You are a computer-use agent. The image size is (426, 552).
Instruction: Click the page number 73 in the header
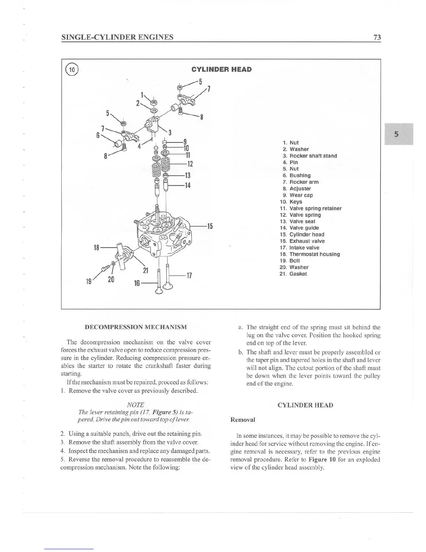pyautogui.click(x=377, y=37)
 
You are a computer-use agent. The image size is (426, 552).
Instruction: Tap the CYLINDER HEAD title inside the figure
pyautogui.click(x=221, y=69)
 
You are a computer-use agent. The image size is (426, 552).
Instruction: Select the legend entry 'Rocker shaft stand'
pyautogui.click(x=313, y=156)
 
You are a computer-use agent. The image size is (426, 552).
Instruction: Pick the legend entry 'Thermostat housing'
pyautogui.click(x=314, y=254)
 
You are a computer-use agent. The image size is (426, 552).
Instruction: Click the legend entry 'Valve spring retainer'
pyautogui.click(x=315, y=208)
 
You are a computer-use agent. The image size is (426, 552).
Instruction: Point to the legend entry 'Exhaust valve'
pyautogui.click(x=307, y=241)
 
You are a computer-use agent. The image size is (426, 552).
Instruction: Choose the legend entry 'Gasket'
pyautogui.click(x=298, y=274)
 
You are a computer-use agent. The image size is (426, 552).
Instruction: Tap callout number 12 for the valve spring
pyautogui.click(x=190, y=164)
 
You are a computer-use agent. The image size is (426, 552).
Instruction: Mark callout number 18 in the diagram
pyautogui.click(x=97, y=248)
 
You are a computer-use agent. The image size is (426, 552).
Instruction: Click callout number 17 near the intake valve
pyautogui.click(x=189, y=276)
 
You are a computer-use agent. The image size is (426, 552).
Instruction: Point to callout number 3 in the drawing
pyautogui.click(x=170, y=132)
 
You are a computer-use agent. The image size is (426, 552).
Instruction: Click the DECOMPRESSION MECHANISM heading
pyautogui.click(x=136, y=327)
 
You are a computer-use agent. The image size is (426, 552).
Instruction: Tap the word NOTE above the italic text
pyautogui.click(x=135, y=405)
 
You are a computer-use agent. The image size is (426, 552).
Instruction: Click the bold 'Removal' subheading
pyautogui.click(x=243, y=420)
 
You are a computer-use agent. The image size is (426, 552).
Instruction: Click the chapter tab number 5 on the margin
pyautogui.click(x=396, y=135)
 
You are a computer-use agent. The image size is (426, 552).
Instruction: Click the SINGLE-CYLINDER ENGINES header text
pyautogui.click(x=117, y=37)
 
